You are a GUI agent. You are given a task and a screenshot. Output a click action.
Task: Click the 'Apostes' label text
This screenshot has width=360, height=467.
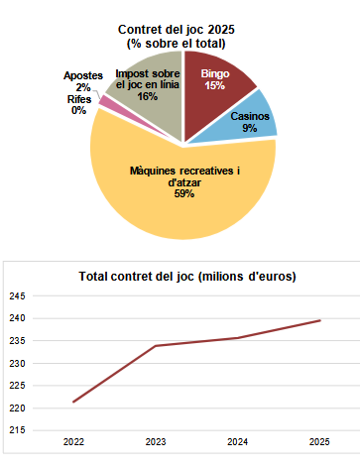[82, 75]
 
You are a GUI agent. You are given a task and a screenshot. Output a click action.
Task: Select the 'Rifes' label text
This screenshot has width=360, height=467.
[79, 99]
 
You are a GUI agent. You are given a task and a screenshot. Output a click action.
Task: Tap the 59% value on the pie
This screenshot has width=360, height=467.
[183, 193]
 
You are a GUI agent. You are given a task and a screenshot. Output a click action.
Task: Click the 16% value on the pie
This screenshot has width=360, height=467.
[148, 96]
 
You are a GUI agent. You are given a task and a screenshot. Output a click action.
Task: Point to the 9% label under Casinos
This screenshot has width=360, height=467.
[250, 128]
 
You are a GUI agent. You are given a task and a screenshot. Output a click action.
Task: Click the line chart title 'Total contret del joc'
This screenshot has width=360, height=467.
[186, 275]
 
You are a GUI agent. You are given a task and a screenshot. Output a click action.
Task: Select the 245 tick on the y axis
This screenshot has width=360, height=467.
[18, 295]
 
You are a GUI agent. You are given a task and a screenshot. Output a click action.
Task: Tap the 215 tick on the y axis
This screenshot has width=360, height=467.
[18, 430]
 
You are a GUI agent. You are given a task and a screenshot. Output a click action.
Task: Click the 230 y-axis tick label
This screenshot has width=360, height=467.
[18, 363]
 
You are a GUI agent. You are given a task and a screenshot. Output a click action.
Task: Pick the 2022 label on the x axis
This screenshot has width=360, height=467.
[72, 441]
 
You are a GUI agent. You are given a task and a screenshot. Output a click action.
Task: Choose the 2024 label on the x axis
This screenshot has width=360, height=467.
[237, 441]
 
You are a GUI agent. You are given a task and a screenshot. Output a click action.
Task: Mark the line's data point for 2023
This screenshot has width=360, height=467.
[155, 346]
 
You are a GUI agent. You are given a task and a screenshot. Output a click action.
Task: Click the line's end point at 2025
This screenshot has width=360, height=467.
[319, 320]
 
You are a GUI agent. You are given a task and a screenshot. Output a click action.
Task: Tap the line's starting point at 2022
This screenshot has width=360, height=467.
[72, 402]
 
